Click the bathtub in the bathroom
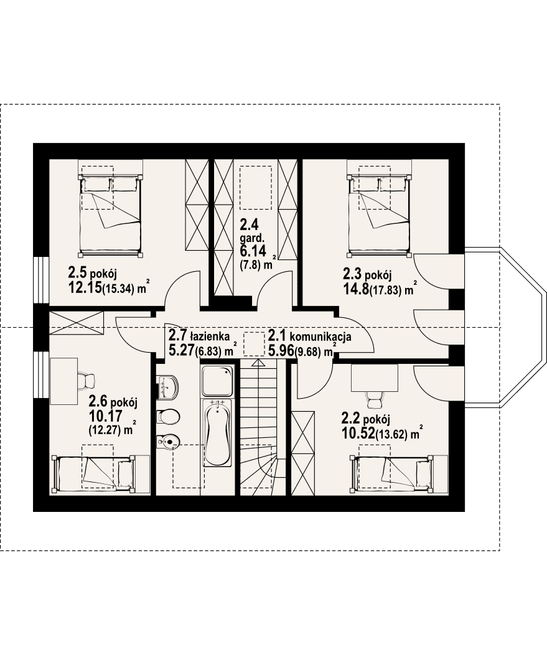click(x=217, y=433)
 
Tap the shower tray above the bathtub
click(x=217, y=381)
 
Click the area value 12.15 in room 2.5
click(x=85, y=288)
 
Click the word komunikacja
click(x=320, y=337)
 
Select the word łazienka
click(x=210, y=336)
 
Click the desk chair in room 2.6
click(x=86, y=381)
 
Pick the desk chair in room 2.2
click(x=374, y=399)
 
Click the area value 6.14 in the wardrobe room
click(x=253, y=251)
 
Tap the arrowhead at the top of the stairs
click(x=258, y=363)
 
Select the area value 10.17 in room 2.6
click(x=105, y=416)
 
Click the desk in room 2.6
click(x=64, y=381)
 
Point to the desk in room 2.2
click(x=375, y=378)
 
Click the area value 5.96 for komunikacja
click(x=281, y=350)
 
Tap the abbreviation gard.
click(x=252, y=239)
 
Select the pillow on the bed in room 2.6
click(x=125, y=473)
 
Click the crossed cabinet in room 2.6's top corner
click(x=77, y=322)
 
